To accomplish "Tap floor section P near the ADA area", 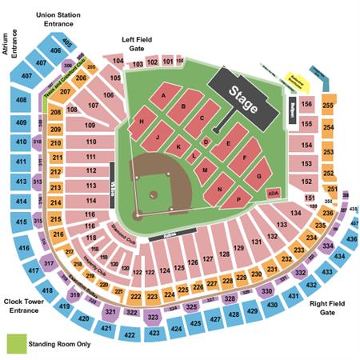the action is tap(238, 198).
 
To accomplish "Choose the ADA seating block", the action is tap(273, 193).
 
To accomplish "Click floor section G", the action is tap(258, 174).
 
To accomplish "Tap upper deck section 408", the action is tap(19, 101).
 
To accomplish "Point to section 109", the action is tap(90, 125).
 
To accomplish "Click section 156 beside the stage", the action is tap(306, 103).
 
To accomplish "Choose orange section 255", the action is tap(328, 105).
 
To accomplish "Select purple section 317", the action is tap(49, 262).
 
